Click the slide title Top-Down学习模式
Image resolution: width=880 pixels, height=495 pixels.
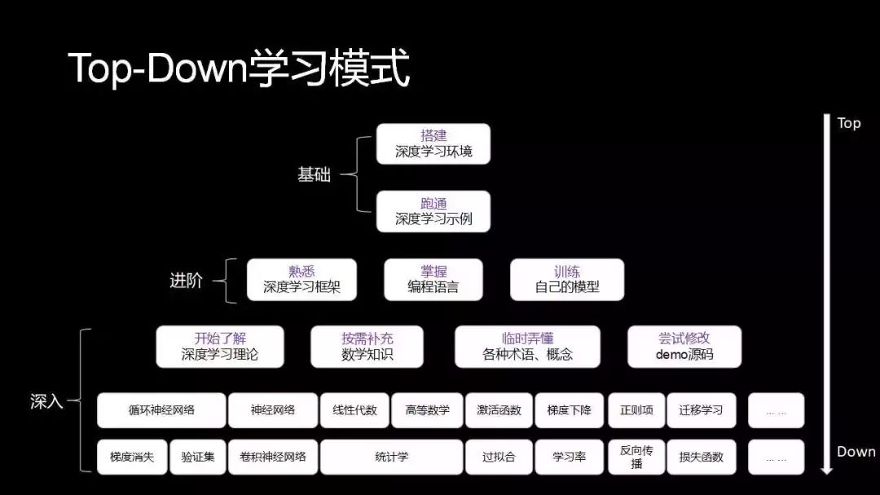pyautogui.click(x=238, y=68)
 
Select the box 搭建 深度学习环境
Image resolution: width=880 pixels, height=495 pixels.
pyautogui.click(x=433, y=143)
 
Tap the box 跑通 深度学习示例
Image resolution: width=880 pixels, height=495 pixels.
pyautogui.click(x=433, y=211)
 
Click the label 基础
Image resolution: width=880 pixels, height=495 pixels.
pyautogui.click(x=314, y=174)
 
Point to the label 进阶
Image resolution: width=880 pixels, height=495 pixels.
pyautogui.click(x=186, y=281)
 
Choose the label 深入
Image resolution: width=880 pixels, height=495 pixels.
pyautogui.click(x=46, y=401)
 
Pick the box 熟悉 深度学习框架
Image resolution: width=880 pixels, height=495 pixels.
pyautogui.click(x=301, y=279)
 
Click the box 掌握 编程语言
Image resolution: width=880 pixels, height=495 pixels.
pyautogui.click(x=433, y=279)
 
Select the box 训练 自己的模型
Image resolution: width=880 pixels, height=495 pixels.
pyautogui.click(x=567, y=279)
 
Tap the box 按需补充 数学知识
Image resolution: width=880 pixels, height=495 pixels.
pyautogui.click(x=367, y=346)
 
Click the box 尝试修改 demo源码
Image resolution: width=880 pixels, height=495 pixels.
pyautogui.click(x=684, y=346)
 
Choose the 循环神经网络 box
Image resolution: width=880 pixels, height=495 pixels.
pyautogui.click(x=161, y=410)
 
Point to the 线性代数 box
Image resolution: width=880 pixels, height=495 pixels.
pyautogui.click(x=354, y=410)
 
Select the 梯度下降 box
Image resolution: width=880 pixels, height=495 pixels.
pyautogui.click(x=570, y=410)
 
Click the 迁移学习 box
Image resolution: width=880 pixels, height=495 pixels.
pyautogui.click(x=701, y=410)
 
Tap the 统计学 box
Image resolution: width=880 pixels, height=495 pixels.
pyautogui.click(x=391, y=457)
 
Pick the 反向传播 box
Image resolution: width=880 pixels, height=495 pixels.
pyautogui.click(x=636, y=457)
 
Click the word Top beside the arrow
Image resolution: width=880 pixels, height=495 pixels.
pyautogui.click(x=848, y=123)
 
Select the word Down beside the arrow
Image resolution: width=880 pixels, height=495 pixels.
pyautogui.click(x=856, y=452)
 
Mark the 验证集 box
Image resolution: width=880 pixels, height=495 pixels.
pyautogui.click(x=198, y=457)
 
